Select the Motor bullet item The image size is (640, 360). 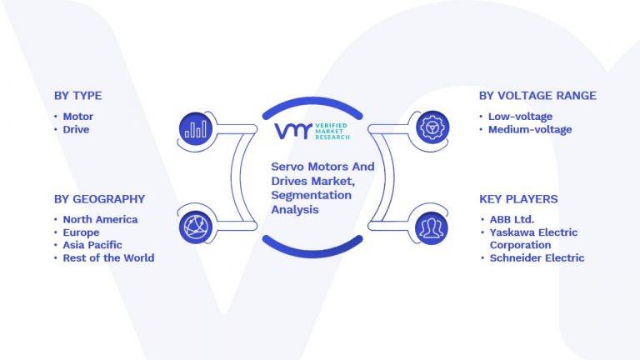[x=77, y=117]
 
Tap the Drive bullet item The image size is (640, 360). [x=76, y=129]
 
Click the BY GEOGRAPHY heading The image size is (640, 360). [x=99, y=199]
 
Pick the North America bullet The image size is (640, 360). [x=100, y=219]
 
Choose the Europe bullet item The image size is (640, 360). [x=81, y=232]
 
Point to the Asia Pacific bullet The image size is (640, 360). [x=92, y=245]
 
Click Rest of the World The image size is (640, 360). [x=108, y=257]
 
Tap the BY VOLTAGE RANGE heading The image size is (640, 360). [x=537, y=96]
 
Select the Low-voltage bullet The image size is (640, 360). [x=520, y=117]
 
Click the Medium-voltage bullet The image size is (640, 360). [x=530, y=129]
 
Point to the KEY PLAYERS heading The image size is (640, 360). [x=518, y=199]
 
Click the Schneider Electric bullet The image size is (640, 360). [x=537, y=257]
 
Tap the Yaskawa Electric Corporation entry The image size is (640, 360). [x=533, y=238]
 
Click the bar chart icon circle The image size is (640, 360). [x=196, y=127]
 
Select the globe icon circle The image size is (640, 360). [x=196, y=224]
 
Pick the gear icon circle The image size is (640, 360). [x=432, y=127]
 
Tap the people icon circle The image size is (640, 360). [x=432, y=224]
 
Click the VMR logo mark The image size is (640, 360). [x=292, y=131]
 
